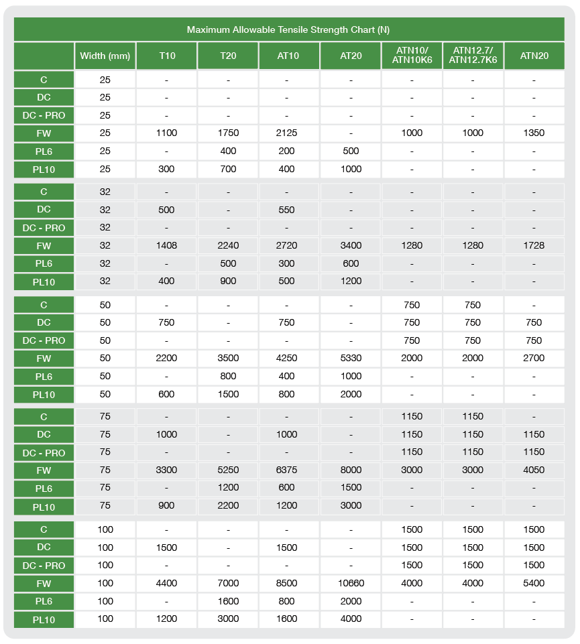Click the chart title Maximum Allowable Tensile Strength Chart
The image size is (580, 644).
point(288,29)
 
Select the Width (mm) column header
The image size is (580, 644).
point(105,56)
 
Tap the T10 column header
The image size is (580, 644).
point(167,56)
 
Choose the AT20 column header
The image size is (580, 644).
point(351,56)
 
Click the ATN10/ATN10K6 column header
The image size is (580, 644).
point(412,56)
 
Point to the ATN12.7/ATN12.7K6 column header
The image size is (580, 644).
point(473,56)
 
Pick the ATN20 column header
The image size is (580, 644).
point(534,56)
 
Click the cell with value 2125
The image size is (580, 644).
point(286,133)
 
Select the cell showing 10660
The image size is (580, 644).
point(351,583)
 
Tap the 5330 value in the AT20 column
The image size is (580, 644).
point(351,358)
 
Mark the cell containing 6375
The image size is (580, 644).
point(286,470)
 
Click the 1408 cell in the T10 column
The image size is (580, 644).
point(166,245)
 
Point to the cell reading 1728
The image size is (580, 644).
point(534,245)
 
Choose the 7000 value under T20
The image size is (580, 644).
point(228,583)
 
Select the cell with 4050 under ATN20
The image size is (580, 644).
point(534,470)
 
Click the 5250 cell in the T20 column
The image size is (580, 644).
point(228,470)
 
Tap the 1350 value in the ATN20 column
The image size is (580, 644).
point(534,133)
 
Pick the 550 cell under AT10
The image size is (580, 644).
point(286,210)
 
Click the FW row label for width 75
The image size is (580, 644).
point(44,470)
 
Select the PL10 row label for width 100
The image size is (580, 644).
point(44,620)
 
